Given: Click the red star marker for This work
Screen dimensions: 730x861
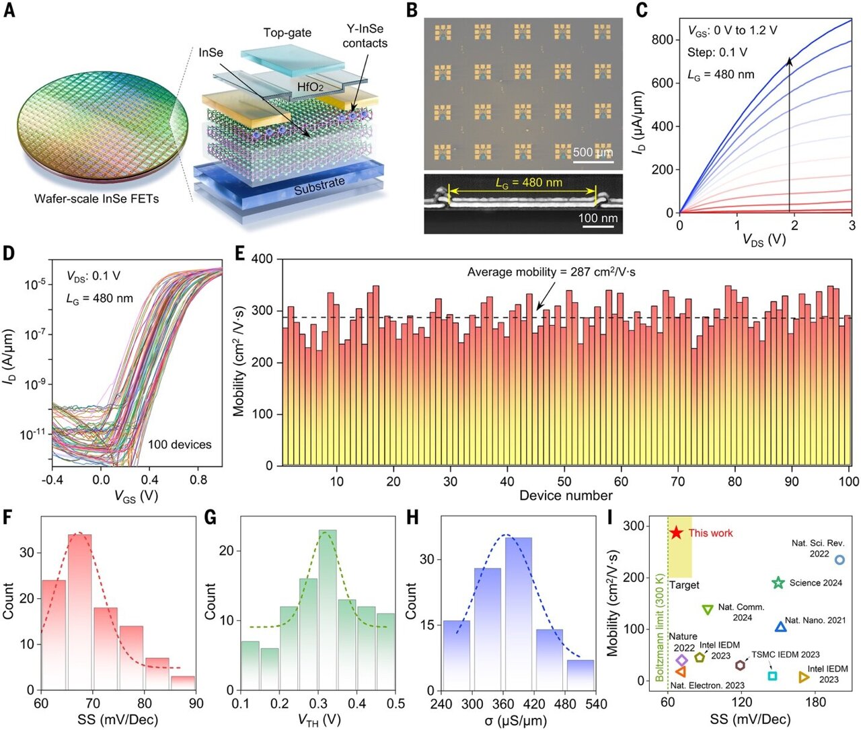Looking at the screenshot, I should point(676,532).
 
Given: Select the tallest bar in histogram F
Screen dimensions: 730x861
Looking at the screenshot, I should point(79,612).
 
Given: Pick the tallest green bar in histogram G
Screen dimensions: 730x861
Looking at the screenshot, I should point(328,610).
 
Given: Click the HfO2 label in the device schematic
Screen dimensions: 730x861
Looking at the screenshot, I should point(311,87).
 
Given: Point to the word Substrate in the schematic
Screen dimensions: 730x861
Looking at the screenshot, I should point(320,186).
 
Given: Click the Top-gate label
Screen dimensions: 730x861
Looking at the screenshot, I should point(287,32).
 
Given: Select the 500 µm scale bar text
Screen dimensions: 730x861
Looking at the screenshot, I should point(593,152).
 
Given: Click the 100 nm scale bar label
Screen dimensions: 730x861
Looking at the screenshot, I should point(598,218).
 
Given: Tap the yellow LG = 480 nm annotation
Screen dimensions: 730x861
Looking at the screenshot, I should point(529,182).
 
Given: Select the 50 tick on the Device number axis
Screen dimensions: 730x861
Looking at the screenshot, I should point(564,481).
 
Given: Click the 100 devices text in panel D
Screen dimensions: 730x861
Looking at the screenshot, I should point(180,444).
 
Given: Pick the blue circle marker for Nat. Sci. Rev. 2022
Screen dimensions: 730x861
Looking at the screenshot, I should point(839,560).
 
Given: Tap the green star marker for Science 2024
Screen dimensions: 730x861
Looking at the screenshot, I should point(778,583).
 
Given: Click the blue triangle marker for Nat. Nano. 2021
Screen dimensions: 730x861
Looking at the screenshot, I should point(780,627).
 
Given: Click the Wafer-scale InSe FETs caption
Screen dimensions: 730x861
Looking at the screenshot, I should point(96,198).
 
